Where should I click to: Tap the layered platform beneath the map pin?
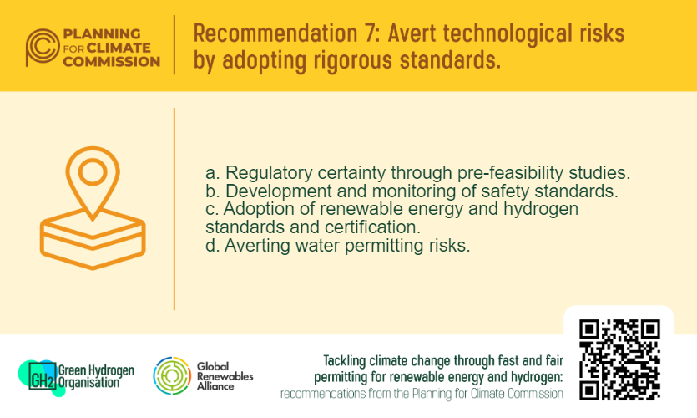coord(93,236)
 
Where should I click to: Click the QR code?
coord(619,359)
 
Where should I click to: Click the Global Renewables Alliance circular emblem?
coord(171,375)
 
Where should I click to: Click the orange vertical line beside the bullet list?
coord(174,209)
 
